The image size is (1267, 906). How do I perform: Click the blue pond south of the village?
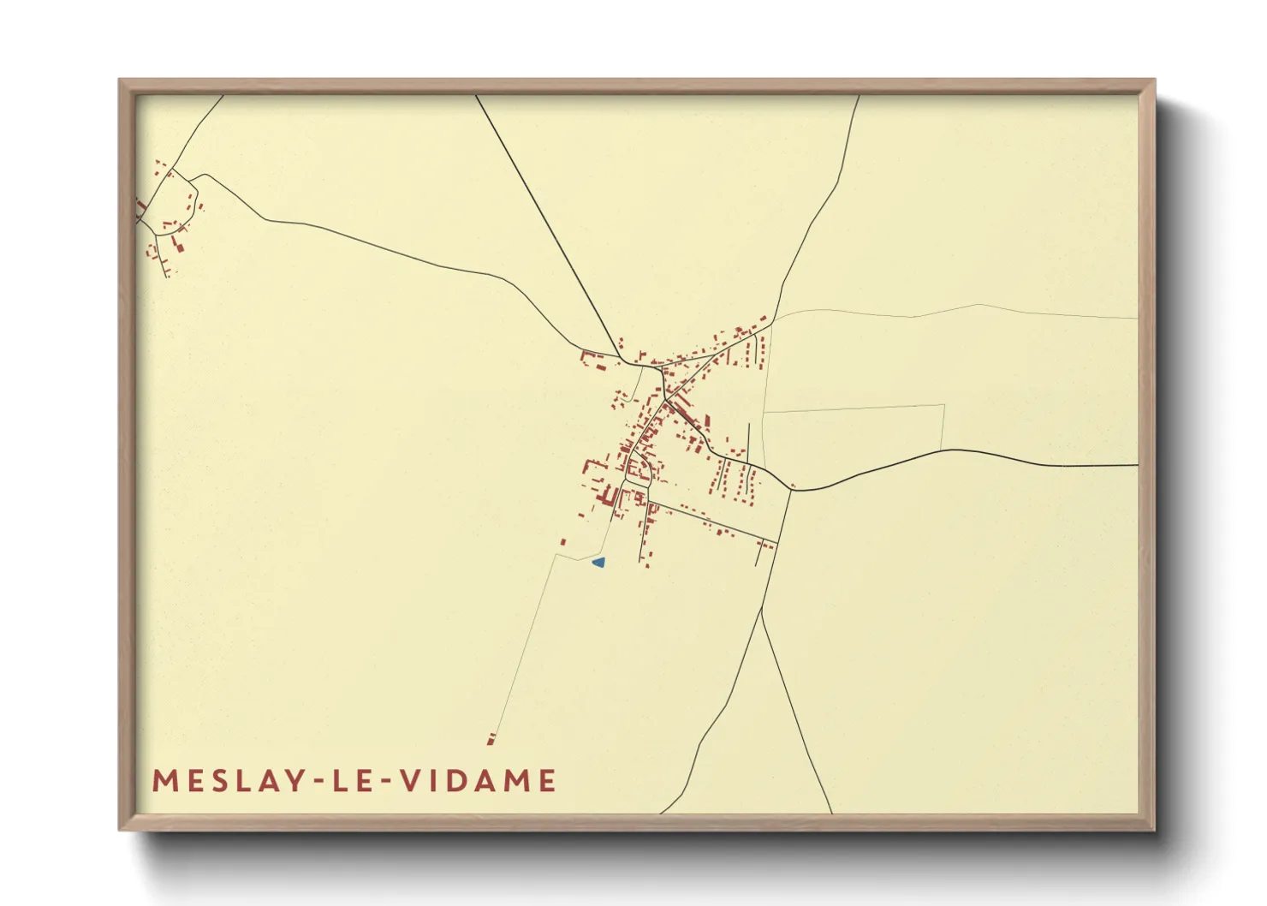click(599, 563)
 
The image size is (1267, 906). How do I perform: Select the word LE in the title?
click(353, 781)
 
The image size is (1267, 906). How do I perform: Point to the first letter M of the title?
click(164, 781)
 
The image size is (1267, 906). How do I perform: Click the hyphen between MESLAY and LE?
click(314, 782)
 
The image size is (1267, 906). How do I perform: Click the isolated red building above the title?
click(491, 738)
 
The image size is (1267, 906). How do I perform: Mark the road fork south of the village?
click(761, 609)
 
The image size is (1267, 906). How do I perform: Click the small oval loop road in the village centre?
click(637, 468)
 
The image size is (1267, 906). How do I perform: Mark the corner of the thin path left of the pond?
click(556, 555)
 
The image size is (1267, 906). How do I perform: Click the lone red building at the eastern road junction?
click(794, 487)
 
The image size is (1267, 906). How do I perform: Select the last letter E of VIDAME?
click(547, 781)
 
